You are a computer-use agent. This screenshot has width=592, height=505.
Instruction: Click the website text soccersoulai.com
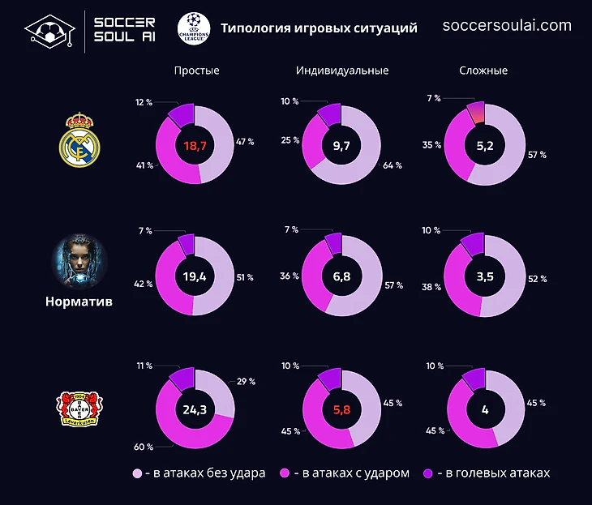507,25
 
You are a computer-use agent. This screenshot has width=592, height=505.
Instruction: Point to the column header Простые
196,71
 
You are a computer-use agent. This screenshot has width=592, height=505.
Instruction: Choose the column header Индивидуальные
342,71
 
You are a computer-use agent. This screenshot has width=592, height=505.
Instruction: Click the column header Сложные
483,71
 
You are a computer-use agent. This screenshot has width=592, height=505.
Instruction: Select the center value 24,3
195,409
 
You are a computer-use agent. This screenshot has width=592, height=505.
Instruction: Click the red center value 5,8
341,409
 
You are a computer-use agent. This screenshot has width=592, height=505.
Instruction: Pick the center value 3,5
485,276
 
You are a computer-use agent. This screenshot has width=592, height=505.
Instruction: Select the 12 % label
144,102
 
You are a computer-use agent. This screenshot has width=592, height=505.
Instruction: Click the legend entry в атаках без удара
199,473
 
